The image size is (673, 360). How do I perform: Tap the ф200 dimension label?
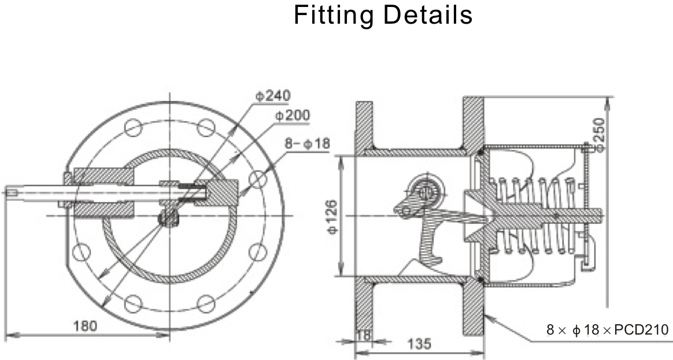pyautogui.click(x=292, y=116)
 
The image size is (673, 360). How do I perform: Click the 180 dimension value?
pyautogui.click(x=85, y=325)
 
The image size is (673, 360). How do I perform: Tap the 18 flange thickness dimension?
pyautogui.click(x=363, y=335)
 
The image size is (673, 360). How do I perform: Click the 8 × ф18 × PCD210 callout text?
pyautogui.click(x=607, y=330)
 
